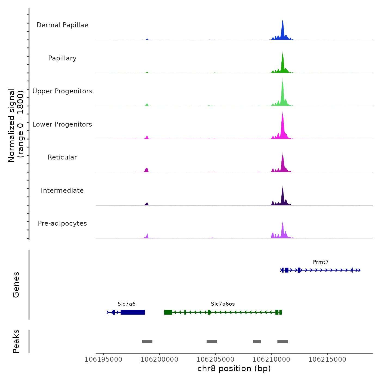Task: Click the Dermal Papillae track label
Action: (x=62, y=25)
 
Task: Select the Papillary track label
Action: (x=62, y=58)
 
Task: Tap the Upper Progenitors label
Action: (x=62, y=91)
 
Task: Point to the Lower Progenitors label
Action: (x=62, y=124)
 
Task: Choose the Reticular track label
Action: (x=62, y=157)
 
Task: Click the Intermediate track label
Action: (x=62, y=190)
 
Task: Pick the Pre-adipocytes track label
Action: (x=62, y=223)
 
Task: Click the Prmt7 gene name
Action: (x=321, y=262)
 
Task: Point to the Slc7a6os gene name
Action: (x=223, y=304)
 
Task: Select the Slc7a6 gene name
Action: (x=126, y=304)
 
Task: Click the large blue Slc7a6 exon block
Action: (x=133, y=312)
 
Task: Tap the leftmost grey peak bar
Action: (x=147, y=342)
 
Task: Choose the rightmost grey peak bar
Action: (x=282, y=342)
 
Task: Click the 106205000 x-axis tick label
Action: (x=215, y=360)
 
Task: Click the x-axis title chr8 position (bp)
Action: (x=234, y=369)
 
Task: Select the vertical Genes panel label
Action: (x=16, y=285)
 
